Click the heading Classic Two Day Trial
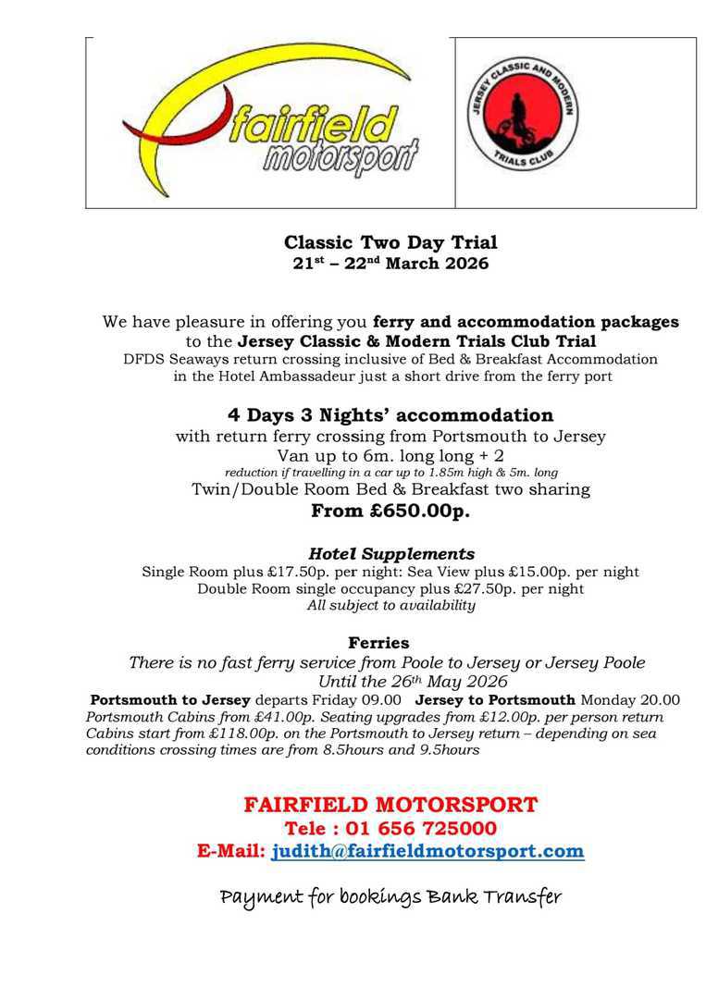(390, 243)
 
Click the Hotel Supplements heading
(391, 554)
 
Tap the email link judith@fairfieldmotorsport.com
(427, 852)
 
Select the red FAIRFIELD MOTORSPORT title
(390, 805)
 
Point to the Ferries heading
(378, 642)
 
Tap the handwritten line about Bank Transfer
(390, 897)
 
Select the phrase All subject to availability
(391, 606)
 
